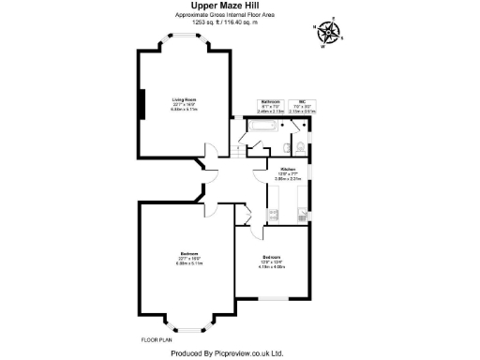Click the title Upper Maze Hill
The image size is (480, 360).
[239, 7]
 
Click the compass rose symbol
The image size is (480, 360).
[328, 32]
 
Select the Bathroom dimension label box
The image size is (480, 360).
[271, 105]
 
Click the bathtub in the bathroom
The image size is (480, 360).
[262, 126]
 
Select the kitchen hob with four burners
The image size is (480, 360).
[274, 215]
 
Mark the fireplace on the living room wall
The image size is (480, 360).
[142, 103]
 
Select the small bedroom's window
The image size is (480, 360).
[274, 298]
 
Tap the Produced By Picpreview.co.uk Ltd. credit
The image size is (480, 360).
[239, 353]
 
